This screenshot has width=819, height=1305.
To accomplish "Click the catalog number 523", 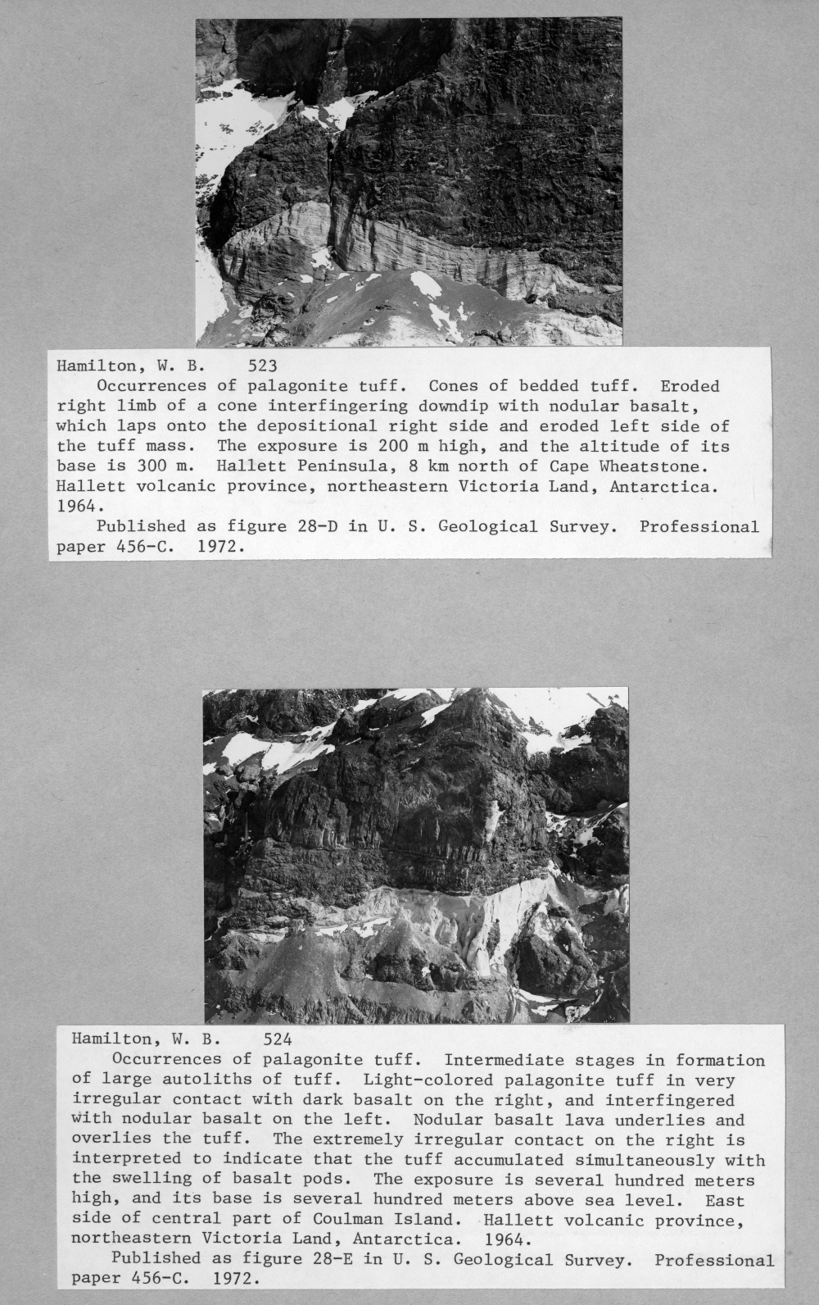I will pyautogui.click(x=263, y=366).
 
